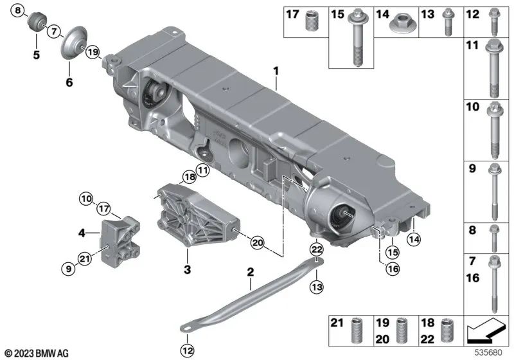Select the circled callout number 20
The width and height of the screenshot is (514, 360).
(x=257, y=244)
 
